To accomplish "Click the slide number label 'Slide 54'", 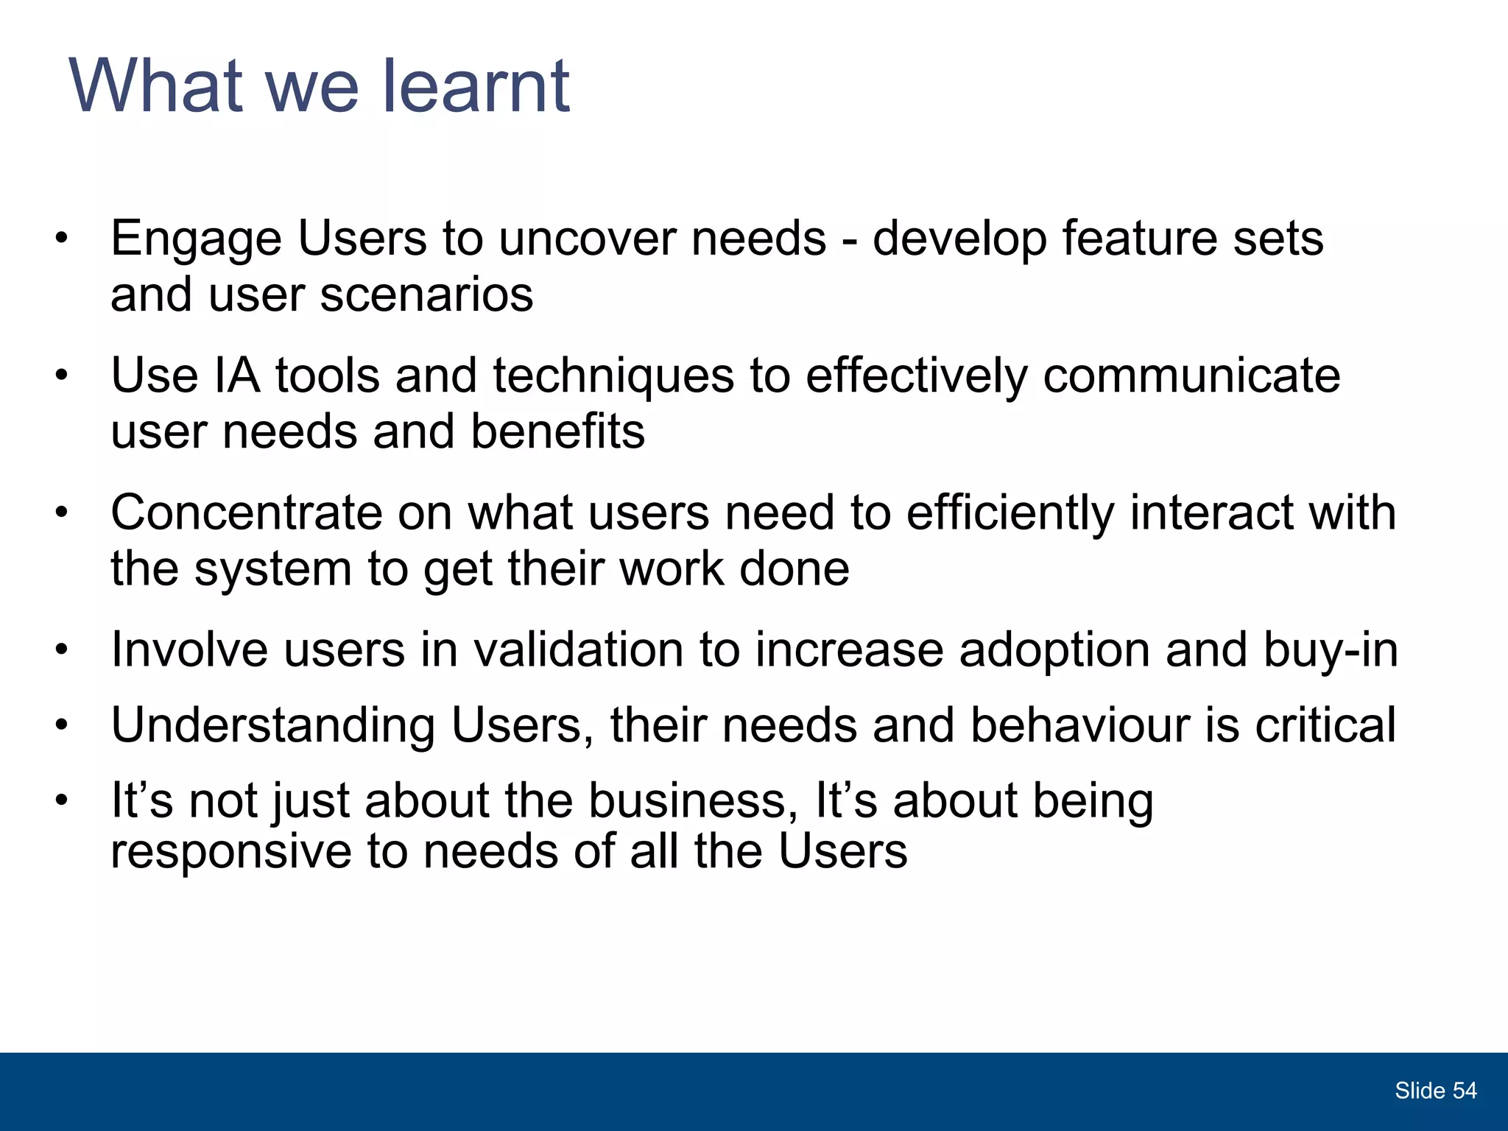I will point(1435,1091).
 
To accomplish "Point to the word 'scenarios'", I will point(426,295).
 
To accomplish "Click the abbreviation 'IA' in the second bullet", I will point(236,376).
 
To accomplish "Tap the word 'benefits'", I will point(557,431).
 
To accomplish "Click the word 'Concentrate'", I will point(246,513).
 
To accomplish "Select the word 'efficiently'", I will point(1010,513).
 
